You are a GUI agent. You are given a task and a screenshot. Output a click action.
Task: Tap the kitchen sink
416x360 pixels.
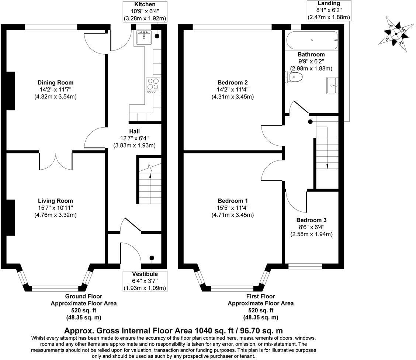(x=143, y=37)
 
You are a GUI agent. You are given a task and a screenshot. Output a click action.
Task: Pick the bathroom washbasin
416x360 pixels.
(x=332, y=85)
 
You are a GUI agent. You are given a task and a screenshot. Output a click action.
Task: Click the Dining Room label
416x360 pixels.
(x=55, y=83)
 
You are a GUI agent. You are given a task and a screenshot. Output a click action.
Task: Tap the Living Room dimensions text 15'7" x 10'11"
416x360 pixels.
(x=55, y=208)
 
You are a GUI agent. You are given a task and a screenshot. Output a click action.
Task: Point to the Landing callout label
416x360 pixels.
(x=328, y=4)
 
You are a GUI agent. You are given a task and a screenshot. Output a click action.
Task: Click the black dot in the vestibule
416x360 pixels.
(x=152, y=258)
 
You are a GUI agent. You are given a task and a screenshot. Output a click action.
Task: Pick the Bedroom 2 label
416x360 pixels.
(x=232, y=83)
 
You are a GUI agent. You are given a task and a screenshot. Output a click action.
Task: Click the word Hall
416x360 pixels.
(x=134, y=131)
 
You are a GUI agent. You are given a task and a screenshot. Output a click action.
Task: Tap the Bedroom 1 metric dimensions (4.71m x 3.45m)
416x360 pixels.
(x=232, y=215)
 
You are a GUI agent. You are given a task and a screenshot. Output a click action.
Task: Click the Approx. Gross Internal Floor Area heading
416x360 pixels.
(x=173, y=330)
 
